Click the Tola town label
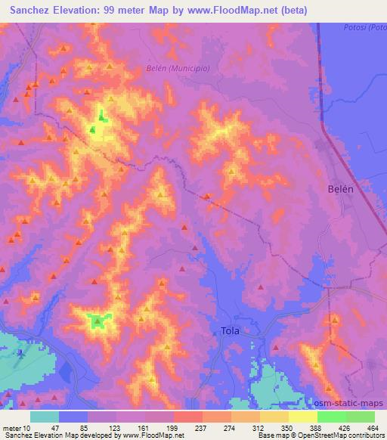pos(231,330)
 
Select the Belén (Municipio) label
pos(177,68)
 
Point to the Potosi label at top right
pos(369,28)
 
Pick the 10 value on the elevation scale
pos(28,427)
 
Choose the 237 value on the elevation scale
pos(179,427)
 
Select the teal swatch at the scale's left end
pos(45,417)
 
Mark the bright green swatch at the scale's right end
pos(360,417)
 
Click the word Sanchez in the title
pos(30,9)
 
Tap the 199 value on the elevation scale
pos(150,427)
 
